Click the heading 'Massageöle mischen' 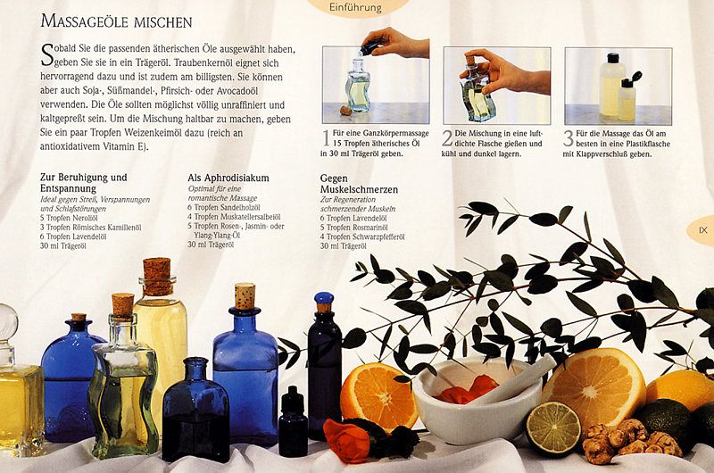click(x=116, y=21)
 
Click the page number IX click(x=703, y=230)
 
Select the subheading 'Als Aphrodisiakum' click(x=228, y=178)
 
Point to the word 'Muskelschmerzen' click(x=359, y=189)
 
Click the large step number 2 click(x=447, y=139)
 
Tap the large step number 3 click(x=569, y=139)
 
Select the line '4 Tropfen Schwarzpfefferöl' click(x=362, y=236)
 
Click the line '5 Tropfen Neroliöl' click(x=69, y=218)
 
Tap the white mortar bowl click(x=476, y=401)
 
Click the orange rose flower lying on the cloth click(x=348, y=440)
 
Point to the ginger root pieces click(x=631, y=439)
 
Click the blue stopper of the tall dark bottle click(x=324, y=299)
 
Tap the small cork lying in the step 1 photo click(x=346, y=110)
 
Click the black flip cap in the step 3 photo click(x=632, y=79)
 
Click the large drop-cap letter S click(x=46, y=55)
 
